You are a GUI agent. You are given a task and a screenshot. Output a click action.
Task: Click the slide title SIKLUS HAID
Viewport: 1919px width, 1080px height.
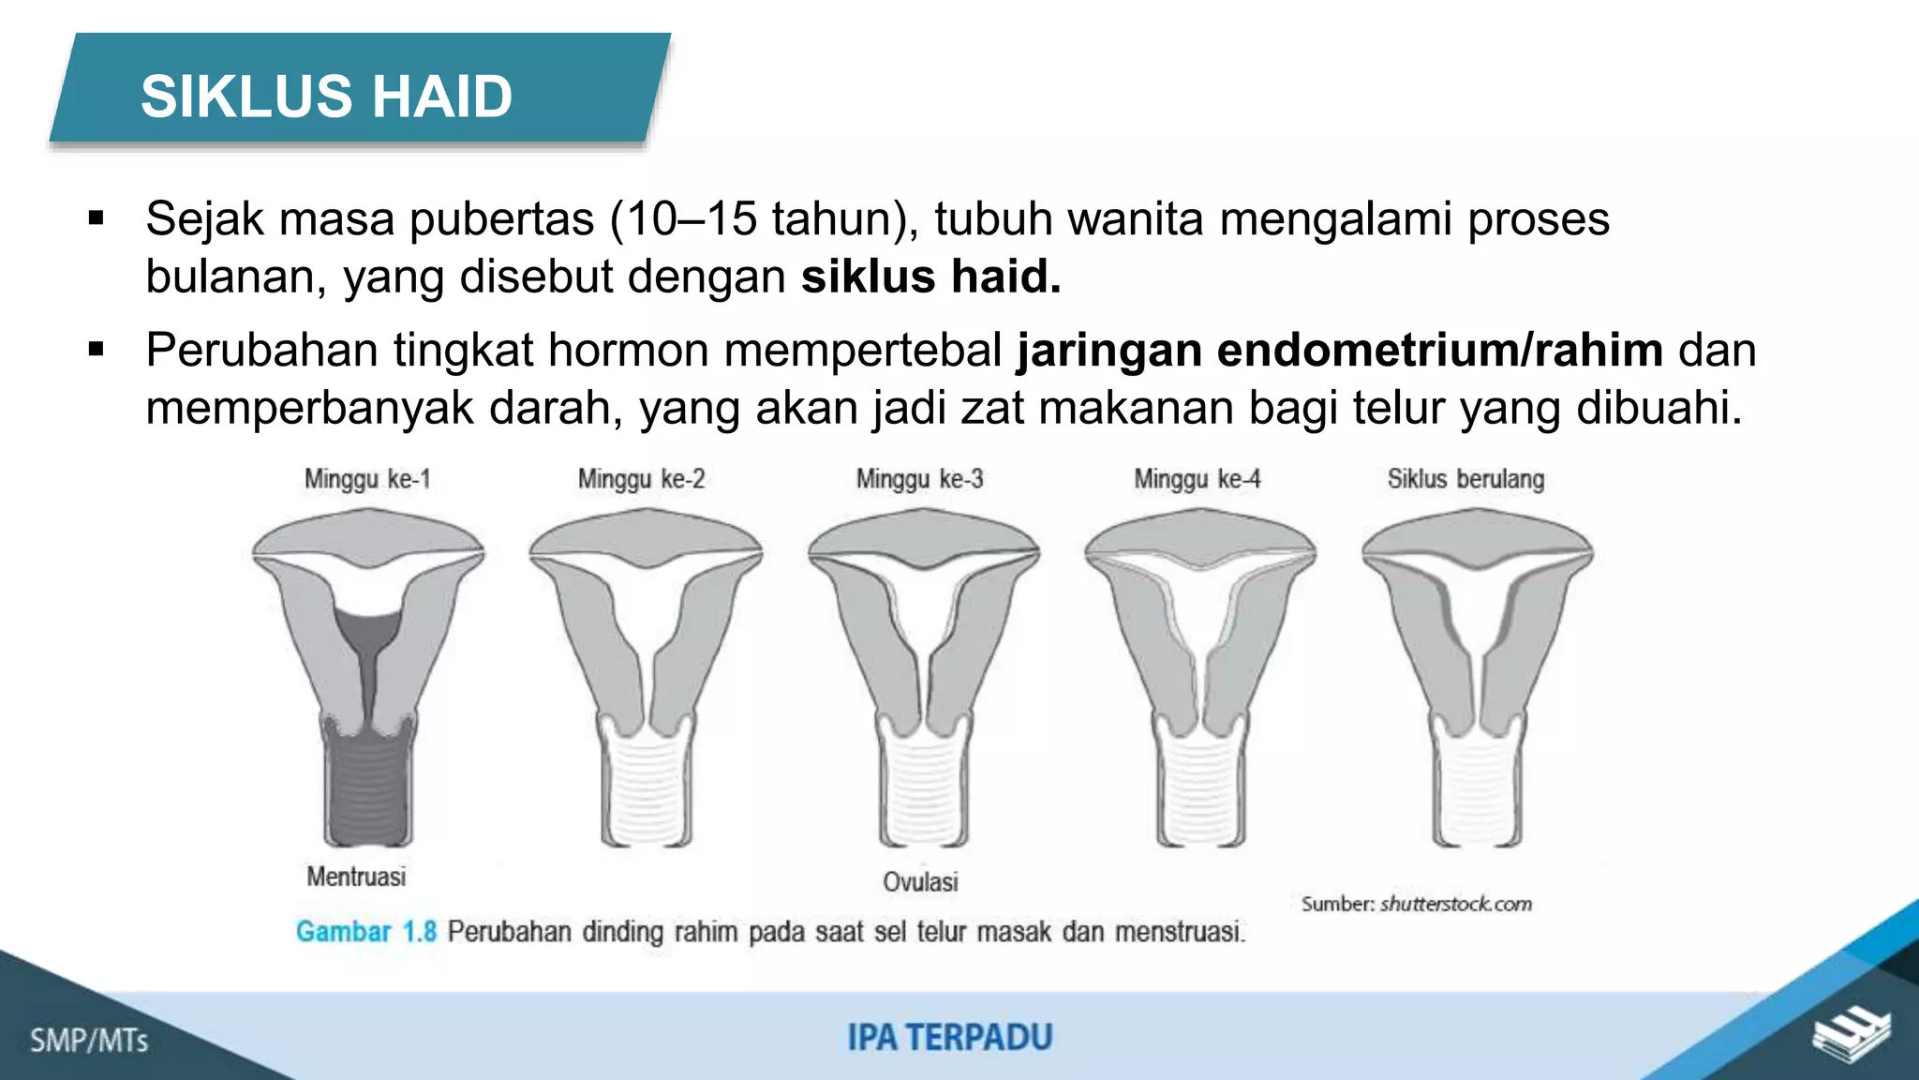[x=326, y=96]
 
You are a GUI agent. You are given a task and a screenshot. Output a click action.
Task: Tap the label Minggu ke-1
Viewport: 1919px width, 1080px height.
[x=367, y=479]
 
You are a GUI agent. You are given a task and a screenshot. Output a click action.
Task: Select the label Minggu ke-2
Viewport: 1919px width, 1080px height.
[x=641, y=479]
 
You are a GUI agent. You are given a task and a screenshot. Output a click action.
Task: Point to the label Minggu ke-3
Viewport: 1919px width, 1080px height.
[x=919, y=479]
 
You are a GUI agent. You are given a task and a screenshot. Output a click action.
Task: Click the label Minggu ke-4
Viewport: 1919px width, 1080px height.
[x=1197, y=479]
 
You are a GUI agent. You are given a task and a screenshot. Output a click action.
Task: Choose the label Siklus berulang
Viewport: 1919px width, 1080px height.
[x=1465, y=479]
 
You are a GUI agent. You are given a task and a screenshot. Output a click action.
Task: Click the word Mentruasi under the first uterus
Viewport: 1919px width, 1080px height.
[x=356, y=877]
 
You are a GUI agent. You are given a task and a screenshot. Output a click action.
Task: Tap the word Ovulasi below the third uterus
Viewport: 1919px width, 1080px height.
[x=920, y=881]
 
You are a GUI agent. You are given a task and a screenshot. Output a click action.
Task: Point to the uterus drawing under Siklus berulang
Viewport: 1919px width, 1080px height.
[x=1477, y=675]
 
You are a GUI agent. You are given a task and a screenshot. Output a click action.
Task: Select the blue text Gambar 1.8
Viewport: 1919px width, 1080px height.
[x=365, y=932]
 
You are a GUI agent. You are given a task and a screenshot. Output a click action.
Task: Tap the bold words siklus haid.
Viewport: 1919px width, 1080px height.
[x=930, y=277]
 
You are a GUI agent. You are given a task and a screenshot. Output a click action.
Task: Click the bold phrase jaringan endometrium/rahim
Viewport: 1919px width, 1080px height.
[x=1340, y=351]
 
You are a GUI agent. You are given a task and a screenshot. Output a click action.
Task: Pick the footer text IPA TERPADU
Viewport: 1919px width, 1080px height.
[x=950, y=1038]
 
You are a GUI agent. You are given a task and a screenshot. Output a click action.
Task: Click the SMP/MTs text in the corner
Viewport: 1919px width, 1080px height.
[x=89, y=1041]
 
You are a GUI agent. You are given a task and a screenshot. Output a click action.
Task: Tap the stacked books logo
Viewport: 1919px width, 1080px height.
[x=1851, y=1035]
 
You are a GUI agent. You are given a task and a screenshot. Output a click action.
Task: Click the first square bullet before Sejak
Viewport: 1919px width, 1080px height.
[x=96, y=219]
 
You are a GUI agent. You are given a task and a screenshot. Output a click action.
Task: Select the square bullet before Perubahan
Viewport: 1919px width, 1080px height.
[x=96, y=351]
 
